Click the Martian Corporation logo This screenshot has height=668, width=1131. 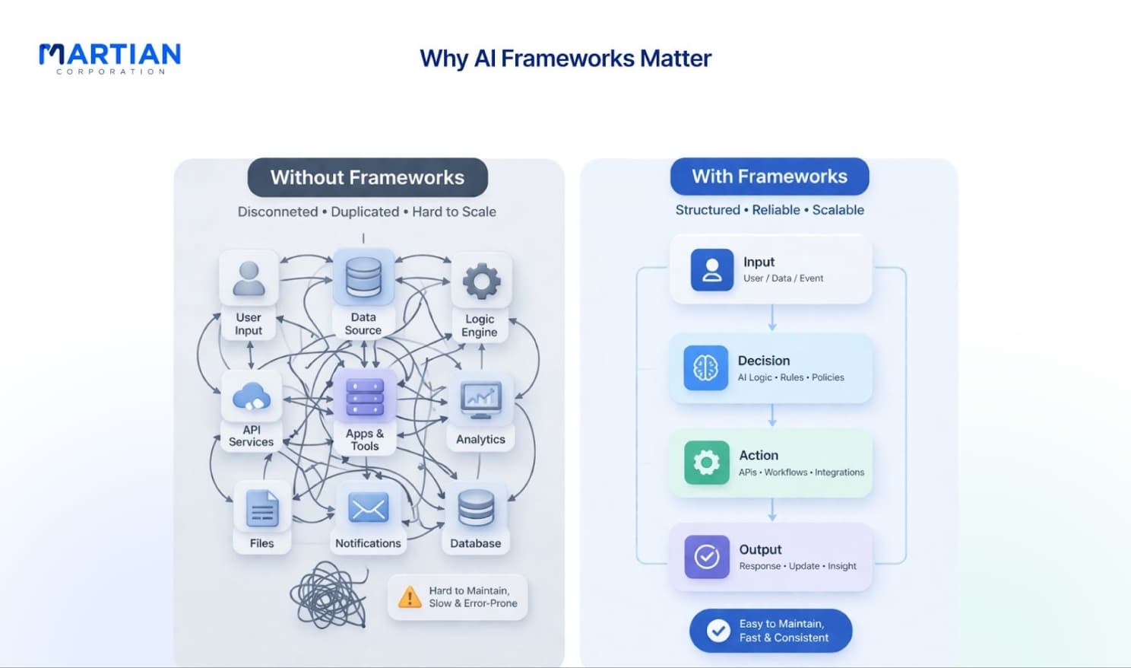pyautogui.click(x=109, y=59)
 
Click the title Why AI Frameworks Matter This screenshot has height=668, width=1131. pyautogui.click(x=565, y=59)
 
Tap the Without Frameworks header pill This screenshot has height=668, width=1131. pyautogui.click(x=368, y=177)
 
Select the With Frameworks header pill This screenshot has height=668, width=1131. pyautogui.click(x=769, y=177)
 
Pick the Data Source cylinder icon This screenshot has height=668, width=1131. pyautogui.click(x=363, y=277)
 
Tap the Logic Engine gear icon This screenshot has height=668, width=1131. pyautogui.click(x=482, y=281)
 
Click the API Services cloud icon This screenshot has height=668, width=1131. pyautogui.click(x=252, y=396)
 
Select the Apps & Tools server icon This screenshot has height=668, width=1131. pyautogui.click(x=365, y=396)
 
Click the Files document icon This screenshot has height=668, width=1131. pyautogui.click(x=262, y=509)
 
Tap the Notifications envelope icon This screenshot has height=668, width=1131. pyautogui.click(x=368, y=507)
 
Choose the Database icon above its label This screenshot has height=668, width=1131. pyautogui.click(x=476, y=508)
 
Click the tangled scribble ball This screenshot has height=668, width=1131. pyautogui.click(x=329, y=595)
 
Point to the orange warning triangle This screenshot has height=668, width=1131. pyautogui.click(x=410, y=596)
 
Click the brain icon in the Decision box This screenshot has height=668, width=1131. pyautogui.click(x=706, y=367)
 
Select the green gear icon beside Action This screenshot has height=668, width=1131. pyautogui.click(x=706, y=463)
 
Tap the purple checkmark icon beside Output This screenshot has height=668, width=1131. pyautogui.click(x=707, y=557)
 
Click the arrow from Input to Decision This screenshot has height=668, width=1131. pyautogui.click(x=772, y=318)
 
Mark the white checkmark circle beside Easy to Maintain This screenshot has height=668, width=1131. pyautogui.click(x=718, y=631)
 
